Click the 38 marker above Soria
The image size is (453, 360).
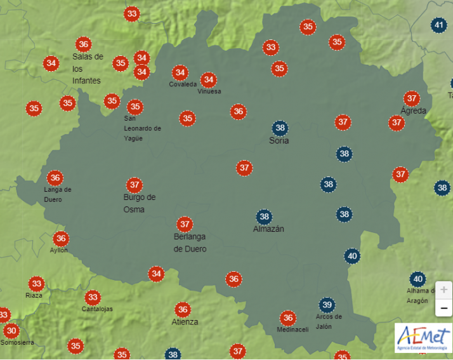pyautogui.click(x=280, y=128)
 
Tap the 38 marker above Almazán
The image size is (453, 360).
pyautogui.click(x=264, y=217)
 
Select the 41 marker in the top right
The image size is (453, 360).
pyautogui.click(x=438, y=25)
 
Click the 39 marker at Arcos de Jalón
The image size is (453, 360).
pyautogui.click(x=327, y=304)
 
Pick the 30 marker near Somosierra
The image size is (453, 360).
pyautogui.click(x=11, y=331)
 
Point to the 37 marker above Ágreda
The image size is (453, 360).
pyautogui.click(x=412, y=98)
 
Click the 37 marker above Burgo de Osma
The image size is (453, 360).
pyautogui.click(x=134, y=185)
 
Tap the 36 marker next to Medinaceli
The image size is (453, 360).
pyautogui.click(x=288, y=318)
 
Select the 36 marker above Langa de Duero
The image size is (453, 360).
pyautogui.click(x=55, y=178)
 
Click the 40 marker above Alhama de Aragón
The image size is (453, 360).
pyautogui.click(x=417, y=279)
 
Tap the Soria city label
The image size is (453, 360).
pyautogui.click(x=279, y=140)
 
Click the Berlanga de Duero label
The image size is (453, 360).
pyautogui.click(x=190, y=243)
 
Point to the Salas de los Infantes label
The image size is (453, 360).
pyautogui.click(x=88, y=69)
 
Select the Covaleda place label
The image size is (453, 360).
pyautogui.click(x=183, y=84)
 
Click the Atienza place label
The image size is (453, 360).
pyautogui.click(x=185, y=322)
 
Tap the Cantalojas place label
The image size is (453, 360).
pyautogui.click(x=97, y=309)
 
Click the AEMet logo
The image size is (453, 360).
pyautogui.click(x=423, y=340)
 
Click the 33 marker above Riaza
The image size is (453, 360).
pyautogui.click(x=36, y=284)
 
